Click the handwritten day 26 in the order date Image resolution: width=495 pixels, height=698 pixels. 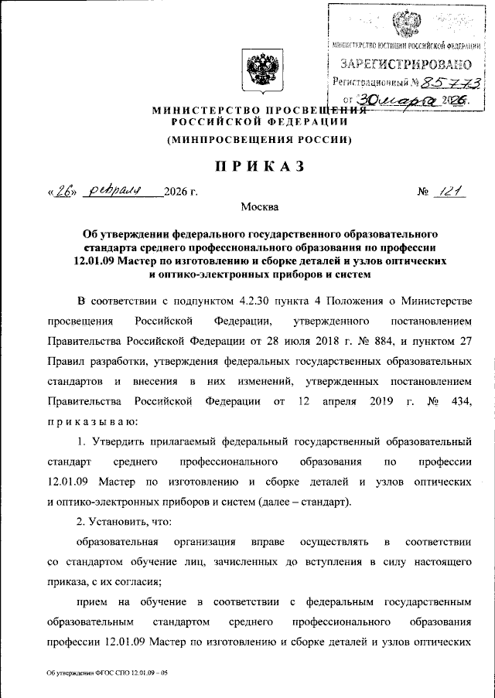pyautogui.click(x=63, y=192)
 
